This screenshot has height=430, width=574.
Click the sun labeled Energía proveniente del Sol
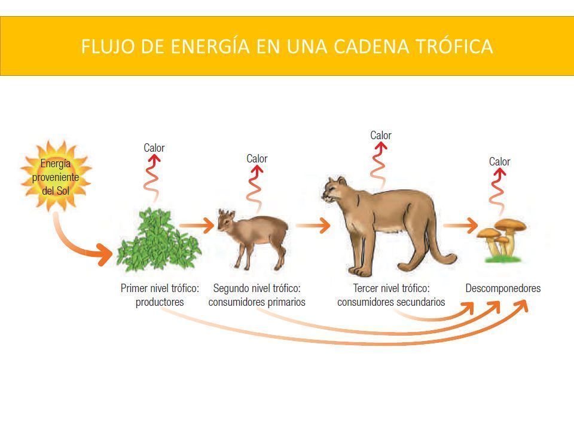(x=56, y=176)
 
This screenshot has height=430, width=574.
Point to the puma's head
(x=335, y=190)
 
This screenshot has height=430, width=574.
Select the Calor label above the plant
(x=154, y=148)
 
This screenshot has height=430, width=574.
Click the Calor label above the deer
(x=257, y=159)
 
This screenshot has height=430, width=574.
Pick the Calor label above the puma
(x=381, y=136)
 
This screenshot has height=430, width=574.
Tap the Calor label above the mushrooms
(x=500, y=162)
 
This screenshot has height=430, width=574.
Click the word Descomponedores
(x=503, y=288)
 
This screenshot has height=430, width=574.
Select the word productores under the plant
(x=160, y=302)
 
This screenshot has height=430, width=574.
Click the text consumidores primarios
(x=257, y=302)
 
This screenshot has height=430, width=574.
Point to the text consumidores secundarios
(x=391, y=302)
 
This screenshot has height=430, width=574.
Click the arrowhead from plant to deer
(x=208, y=225)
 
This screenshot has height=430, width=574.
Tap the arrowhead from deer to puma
(x=323, y=225)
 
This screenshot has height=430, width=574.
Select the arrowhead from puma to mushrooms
(x=471, y=225)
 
